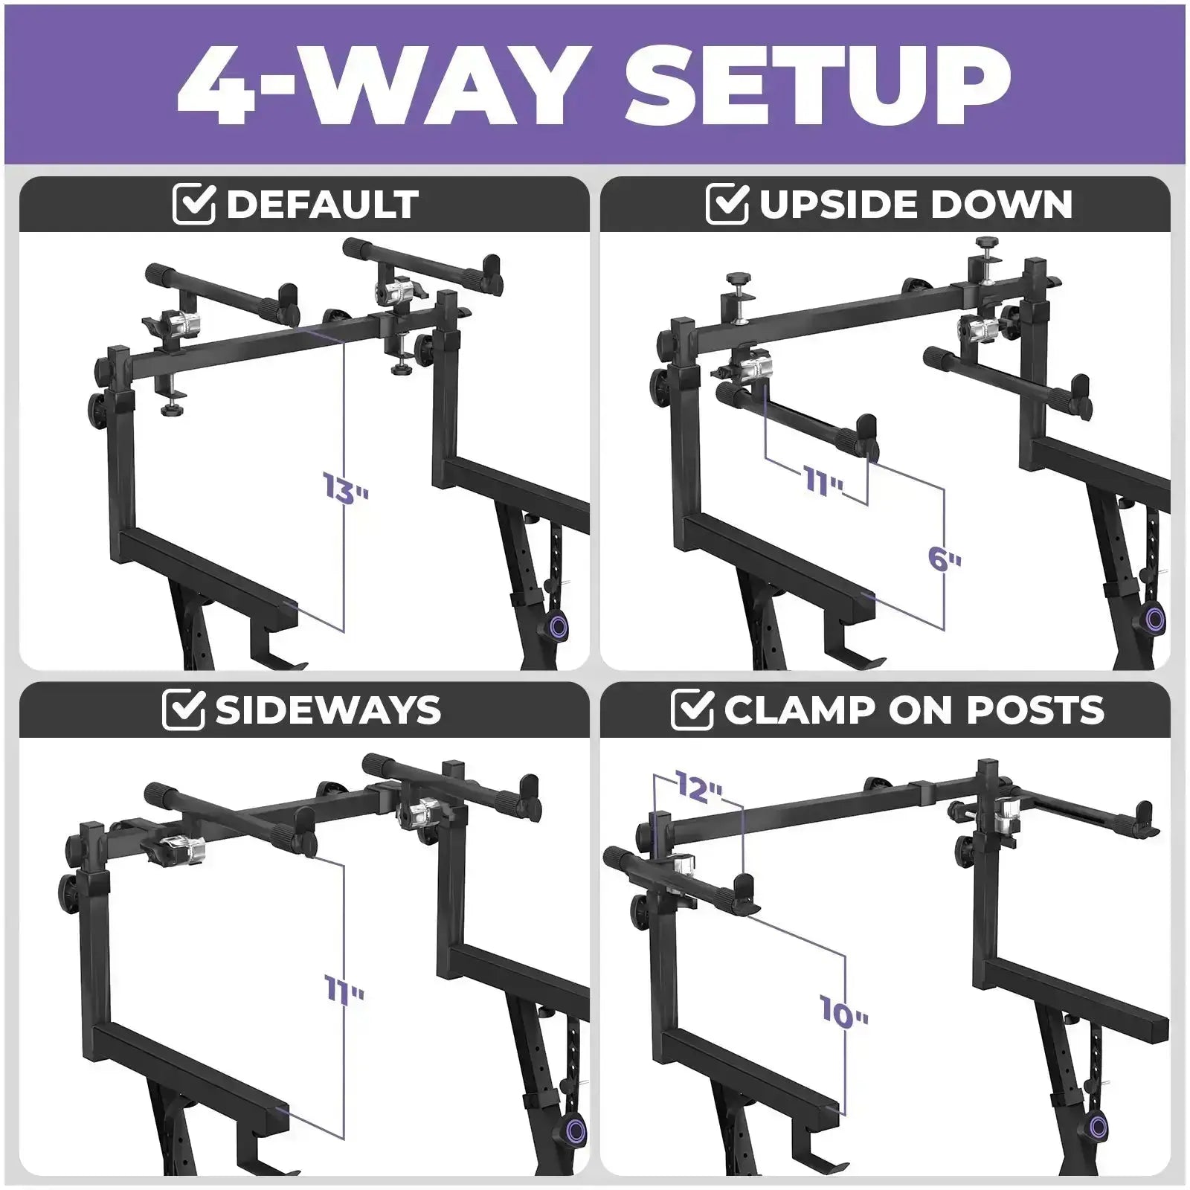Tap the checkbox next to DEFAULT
pos(194,204)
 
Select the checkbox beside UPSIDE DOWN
pos(727,204)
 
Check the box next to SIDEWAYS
pos(183,710)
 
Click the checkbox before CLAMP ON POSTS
pos(692,710)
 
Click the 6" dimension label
pos(945,558)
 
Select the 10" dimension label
pos(844,1012)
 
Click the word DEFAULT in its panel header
pos(322,204)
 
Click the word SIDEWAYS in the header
pos(328,710)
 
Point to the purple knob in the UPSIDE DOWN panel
pos(1155,617)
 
